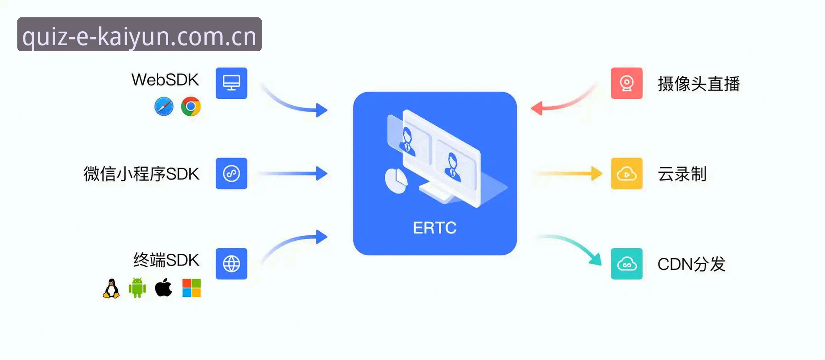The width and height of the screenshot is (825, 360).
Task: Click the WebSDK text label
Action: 165,80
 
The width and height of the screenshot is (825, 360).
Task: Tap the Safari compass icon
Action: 164,107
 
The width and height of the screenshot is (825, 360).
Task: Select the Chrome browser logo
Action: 191,107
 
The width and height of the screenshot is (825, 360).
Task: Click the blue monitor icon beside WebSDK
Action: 231,83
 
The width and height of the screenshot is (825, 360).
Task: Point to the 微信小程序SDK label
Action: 141,174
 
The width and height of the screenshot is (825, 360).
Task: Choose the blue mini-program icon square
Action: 231,173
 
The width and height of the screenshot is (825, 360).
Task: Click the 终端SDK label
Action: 166,260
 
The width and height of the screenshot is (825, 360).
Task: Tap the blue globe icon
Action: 231,263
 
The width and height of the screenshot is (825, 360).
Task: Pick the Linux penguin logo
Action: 111,288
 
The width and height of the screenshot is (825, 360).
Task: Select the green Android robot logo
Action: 137,288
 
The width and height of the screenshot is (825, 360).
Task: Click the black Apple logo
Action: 163,287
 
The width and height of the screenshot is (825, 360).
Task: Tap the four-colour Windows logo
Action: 192,288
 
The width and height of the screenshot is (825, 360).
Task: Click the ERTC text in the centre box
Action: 435,228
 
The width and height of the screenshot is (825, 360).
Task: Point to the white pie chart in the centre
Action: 396,181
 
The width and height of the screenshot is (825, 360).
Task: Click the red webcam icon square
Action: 627,83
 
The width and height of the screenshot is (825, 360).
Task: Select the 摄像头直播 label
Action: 698,84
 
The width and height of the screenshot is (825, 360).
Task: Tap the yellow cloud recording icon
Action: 627,173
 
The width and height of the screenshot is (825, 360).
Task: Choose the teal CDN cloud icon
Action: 627,263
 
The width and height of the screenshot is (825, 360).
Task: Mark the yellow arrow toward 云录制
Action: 568,173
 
